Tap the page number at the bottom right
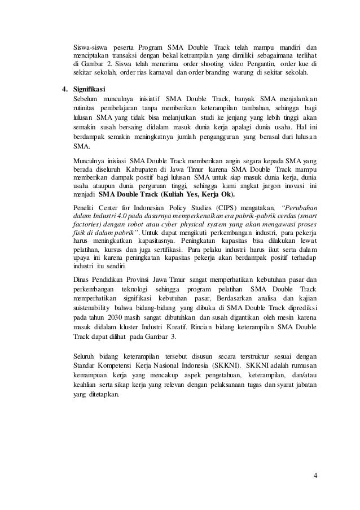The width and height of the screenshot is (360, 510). click(315, 474)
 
